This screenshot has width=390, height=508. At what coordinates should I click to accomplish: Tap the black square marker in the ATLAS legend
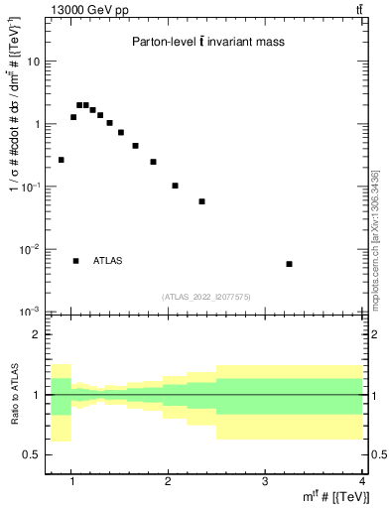(x=75, y=261)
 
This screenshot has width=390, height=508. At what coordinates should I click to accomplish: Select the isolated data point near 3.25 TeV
(x=289, y=264)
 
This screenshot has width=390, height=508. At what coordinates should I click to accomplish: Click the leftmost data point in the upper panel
(x=62, y=160)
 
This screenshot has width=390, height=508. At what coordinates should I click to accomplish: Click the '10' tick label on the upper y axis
(x=32, y=62)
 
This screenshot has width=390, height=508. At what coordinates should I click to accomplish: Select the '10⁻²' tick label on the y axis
(x=30, y=249)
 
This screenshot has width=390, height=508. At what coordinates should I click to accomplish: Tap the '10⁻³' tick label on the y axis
(x=30, y=312)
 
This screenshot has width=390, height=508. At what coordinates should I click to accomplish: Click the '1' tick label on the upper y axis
(x=35, y=124)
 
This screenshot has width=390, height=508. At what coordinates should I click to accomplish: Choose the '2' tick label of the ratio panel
(x=36, y=334)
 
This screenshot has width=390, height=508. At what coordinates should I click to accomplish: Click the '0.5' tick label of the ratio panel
(x=30, y=454)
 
